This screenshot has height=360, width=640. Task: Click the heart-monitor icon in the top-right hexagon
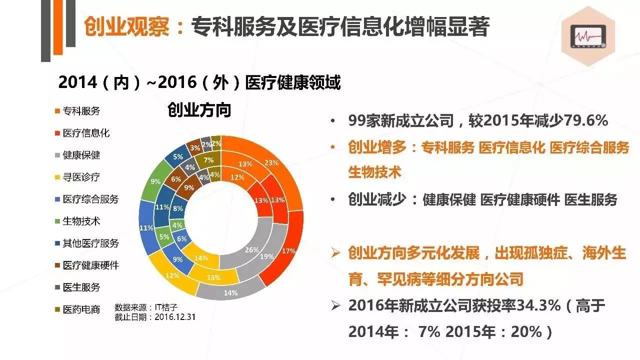coord(589,37)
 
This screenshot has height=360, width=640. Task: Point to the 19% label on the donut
coord(266,257)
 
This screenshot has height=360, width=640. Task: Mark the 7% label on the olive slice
coord(209,160)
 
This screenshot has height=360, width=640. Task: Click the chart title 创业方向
coord(199,110)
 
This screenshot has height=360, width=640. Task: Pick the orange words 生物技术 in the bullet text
coord(374,172)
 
